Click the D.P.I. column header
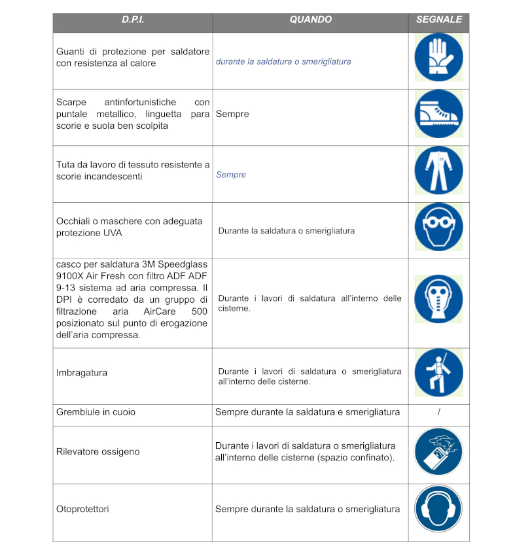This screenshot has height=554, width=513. tap(133, 20)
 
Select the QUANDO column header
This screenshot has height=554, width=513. tap(310, 20)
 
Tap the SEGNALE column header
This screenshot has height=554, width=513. tap(438, 20)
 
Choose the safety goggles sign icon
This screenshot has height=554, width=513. tap(438, 228)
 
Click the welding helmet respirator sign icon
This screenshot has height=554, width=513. tap(438, 298)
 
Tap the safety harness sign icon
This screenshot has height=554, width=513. tap(438, 373)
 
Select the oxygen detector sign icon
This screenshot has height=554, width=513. tap(438, 452)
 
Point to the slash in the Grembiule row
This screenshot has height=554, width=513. tap(439, 412)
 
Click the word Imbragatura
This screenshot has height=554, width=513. tap(82, 373)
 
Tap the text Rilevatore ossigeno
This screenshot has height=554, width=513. tap(98, 452)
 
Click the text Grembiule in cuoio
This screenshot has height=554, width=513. tap(96, 412)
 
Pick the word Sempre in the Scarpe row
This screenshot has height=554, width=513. tap(232, 114)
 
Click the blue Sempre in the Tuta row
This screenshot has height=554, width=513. tap(231, 175)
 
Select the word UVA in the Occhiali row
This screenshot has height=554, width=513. tap(112, 233)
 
